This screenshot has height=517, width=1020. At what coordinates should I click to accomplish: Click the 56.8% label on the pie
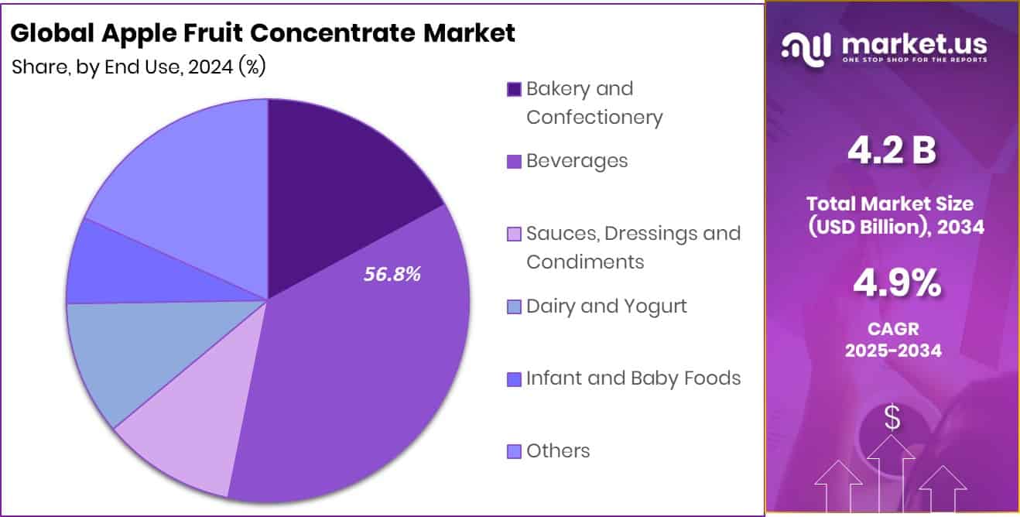click(392, 274)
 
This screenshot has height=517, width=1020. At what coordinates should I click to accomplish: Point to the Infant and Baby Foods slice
click(116, 267)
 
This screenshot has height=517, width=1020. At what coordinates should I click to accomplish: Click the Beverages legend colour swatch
click(514, 163)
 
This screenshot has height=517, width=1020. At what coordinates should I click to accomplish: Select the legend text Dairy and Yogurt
click(606, 306)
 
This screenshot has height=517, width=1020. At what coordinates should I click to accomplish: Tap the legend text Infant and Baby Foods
click(633, 378)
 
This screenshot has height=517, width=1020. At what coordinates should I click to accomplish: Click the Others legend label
click(557, 451)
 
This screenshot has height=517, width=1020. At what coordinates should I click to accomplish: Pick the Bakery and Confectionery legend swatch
click(514, 90)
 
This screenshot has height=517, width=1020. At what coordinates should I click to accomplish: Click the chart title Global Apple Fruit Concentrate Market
click(263, 33)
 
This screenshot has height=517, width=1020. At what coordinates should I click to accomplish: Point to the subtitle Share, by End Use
click(139, 67)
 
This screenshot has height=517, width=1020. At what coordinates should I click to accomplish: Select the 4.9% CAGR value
click(896, 284)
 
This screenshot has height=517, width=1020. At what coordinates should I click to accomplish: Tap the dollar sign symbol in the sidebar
click(892, 419)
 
